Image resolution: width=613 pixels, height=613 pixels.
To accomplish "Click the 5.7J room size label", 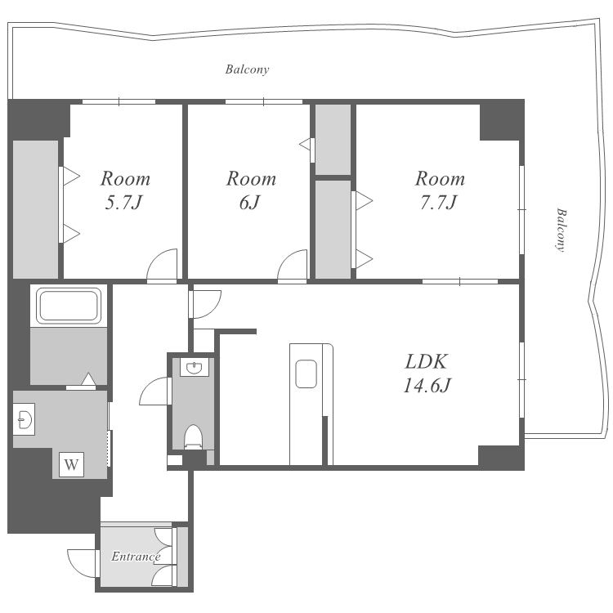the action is pyautogui.click(x=123, y=203).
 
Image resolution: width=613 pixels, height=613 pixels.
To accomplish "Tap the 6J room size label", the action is pyautogui.click(x=249, y=203).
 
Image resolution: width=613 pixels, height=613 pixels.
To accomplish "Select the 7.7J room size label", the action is pyautogui.click(x=439, y=203).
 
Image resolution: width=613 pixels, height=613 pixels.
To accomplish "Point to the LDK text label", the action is pyautogui.click(x=426, y=361).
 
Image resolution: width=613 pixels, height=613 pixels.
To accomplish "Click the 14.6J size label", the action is pyautogui.click(x=427, y=386).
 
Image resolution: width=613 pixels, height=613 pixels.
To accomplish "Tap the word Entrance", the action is pyautogui.click(x=136, y=557).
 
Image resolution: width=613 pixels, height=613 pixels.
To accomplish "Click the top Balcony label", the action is pyautogui.click(x=247, y=69).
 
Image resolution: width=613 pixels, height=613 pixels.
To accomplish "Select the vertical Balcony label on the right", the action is pyautogui.click(x=561, y=230).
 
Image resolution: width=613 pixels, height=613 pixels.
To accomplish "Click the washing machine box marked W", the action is pyautogui.click(x=71, y=465).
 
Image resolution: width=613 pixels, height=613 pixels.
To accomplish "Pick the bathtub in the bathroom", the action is pyautogui.click(x=69, y=306).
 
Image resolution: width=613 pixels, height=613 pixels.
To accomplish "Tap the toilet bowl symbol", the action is pyautogui.click(x=193, y=436).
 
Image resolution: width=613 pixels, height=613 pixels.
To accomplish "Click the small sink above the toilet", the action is pyautogui.click(x=195, y=368).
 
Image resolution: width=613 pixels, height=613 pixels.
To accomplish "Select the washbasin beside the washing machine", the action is pyautogui.click(x=24, y=419).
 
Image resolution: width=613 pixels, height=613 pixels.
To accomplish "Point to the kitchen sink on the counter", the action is pyautogui.click(x=306, y=374).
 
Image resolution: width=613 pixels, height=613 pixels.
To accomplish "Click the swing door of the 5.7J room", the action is pyautogui.click(x=162, y=265).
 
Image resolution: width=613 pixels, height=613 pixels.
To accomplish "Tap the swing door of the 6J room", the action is pyautogui.click(x=292, y=265).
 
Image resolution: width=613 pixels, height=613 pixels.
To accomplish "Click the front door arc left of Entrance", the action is pyautogui.click(x=81, y=563).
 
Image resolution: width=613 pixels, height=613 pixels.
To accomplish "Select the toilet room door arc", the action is pyautogui.click(x=154, y=391).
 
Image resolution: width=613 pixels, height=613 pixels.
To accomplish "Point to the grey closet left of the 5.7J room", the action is pyautogui.click(x=36, y=209).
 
